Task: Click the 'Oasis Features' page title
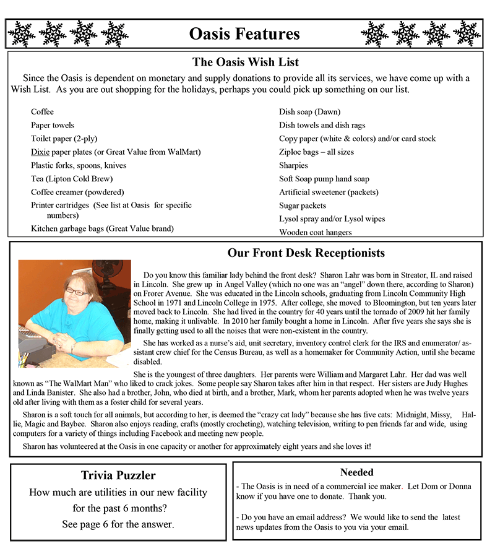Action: coord(244,33)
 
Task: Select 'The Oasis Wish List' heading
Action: coord(246,62)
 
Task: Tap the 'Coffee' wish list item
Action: coord(42,112)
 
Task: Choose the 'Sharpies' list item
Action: coord(293,165)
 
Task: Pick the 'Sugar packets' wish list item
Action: coord(303,206)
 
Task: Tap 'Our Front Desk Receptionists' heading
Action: coord(306,253)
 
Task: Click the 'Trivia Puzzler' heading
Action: coord(118,475)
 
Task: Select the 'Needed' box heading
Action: coord(357,472)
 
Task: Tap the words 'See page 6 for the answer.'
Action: coord(118,524)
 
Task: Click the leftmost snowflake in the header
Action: coord(22,33)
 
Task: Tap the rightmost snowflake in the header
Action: coord(467,33)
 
